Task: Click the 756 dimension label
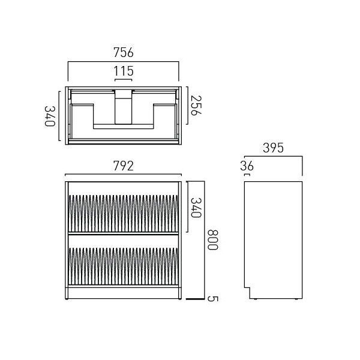(123, 53)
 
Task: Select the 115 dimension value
(123, 71)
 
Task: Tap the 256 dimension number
(196, 106)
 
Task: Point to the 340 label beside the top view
(50, 116)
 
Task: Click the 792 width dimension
(123, 166)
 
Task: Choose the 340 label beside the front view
(196, 208)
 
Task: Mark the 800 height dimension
(212, 239)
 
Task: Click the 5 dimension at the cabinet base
(212, 299)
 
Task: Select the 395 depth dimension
(273, 148)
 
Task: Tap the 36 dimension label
(247, 166)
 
